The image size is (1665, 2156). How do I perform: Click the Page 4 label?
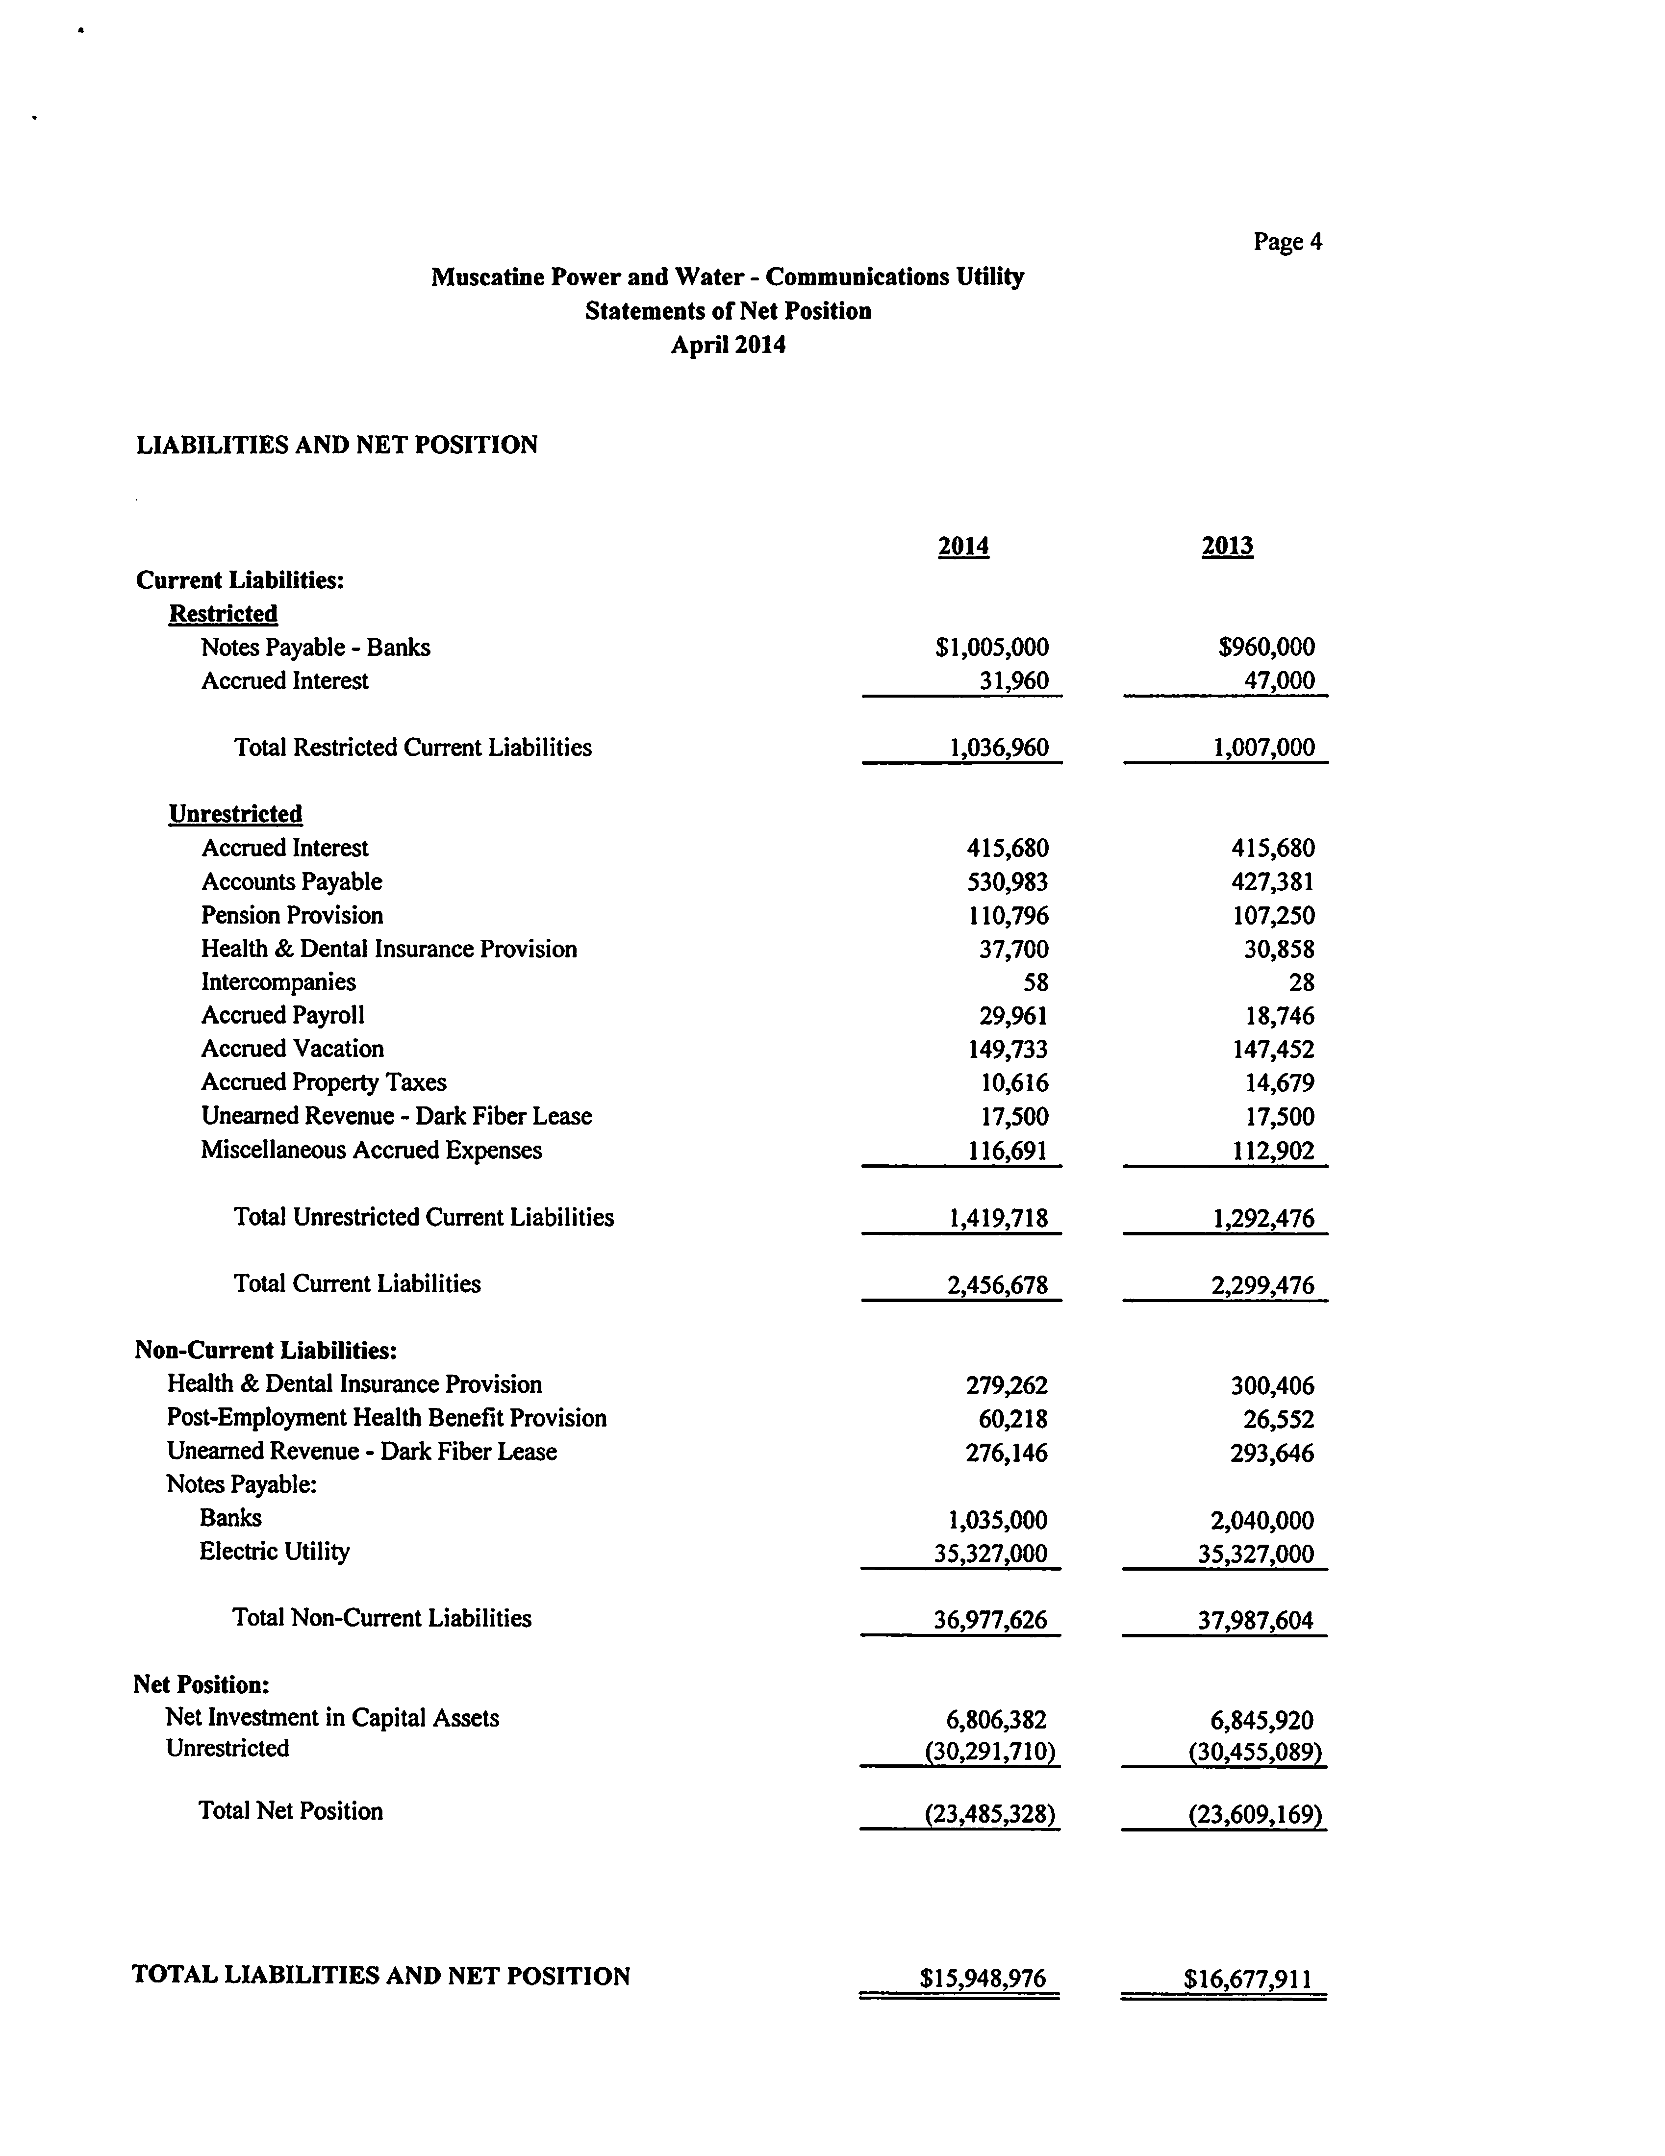click(x=1287, y=242)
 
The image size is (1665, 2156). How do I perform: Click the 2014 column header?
click(x=963, y=546)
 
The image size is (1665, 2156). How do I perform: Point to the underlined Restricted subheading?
click(x=223, y=614)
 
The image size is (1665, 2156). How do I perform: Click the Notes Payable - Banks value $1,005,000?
click(x=991, y=648)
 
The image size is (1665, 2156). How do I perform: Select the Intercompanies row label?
click(x=278, y=982)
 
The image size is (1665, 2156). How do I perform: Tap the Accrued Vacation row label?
click(x=292, y=1050)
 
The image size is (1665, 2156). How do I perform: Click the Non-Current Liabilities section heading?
click(x=266, y=1351)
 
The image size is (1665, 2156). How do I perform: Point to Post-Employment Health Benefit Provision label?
click(x=386, y=1419)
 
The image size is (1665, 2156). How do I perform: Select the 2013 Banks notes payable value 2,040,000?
click(x=1262, y=1520)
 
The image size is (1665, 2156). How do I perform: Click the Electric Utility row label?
click(x=275, y=1552)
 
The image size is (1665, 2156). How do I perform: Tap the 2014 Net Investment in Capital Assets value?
click(x=996, y=1720)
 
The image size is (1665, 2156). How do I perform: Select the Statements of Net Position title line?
click(x=728, y=311)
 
